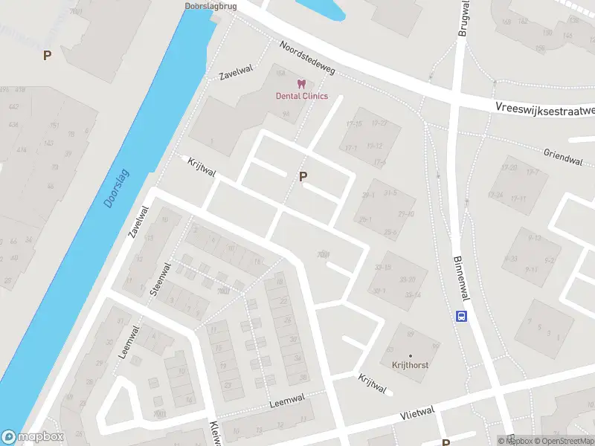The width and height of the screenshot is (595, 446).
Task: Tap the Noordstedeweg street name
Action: [308, 57]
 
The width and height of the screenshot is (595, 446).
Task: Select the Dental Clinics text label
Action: [301, 96]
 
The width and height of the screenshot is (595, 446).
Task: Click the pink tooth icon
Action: [301, 84]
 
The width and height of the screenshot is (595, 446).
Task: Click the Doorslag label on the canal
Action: [117, 187]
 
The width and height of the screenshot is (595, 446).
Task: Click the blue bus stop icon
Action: [462, 316]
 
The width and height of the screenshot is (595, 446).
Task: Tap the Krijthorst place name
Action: [410, 365]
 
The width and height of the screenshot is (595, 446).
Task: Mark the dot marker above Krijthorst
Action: [410, 355]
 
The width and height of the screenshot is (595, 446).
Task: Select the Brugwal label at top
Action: [463, 18]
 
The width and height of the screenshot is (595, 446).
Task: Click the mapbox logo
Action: [33, 437]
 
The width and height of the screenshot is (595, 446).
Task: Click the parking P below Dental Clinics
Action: [303, 176]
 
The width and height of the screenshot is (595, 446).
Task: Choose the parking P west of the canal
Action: [47, 55]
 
